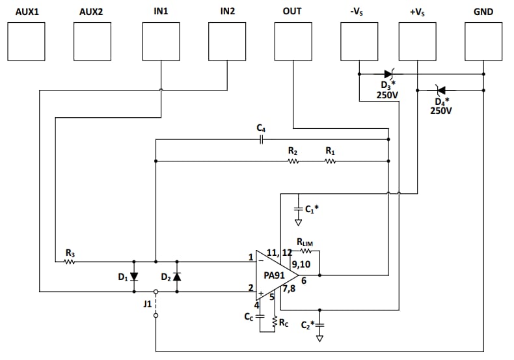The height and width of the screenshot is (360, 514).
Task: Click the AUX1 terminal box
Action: (x=26, y=41)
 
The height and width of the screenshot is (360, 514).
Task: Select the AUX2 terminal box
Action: (x=92, y=41)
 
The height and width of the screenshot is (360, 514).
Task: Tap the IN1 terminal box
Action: (x=161, y=41)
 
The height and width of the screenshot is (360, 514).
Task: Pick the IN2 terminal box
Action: (x=227, y=41)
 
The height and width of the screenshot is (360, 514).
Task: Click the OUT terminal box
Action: (x=293, y=41)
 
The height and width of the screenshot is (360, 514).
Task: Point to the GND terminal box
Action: (x=483, y=41)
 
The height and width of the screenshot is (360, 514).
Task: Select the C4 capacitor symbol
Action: (x=261, y=139)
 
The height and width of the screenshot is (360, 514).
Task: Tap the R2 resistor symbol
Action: (x=293, y=161)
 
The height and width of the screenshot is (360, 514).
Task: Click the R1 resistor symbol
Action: (x=330, y=161)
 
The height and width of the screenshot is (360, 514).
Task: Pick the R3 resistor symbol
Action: (x=70, y=262)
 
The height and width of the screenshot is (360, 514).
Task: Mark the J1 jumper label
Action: (x=147, y=303)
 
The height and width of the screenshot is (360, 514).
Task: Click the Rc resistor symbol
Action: (x=275, y=322)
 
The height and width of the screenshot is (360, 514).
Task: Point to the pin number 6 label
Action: (x=304, y=281)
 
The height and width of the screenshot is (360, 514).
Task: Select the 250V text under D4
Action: (x=440, y=111)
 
